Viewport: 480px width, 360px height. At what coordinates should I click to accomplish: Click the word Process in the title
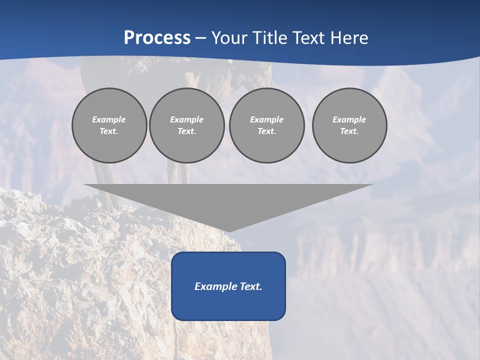pyautogui.click(x=157, y=38)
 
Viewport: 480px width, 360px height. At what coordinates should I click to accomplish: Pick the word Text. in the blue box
pyautogui.click(x=250, y=286)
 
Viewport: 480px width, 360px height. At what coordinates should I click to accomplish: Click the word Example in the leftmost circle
pyautogui.click(x=109, y=119)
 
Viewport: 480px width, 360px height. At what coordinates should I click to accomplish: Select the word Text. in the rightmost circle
pyautogui.click(x=349, y=131)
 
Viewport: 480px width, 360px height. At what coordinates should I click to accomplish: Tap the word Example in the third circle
pyautogui.click(x=266, y=119)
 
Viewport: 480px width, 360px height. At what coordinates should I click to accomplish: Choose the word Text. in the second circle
pyautogui.click(x=186, y=131)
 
